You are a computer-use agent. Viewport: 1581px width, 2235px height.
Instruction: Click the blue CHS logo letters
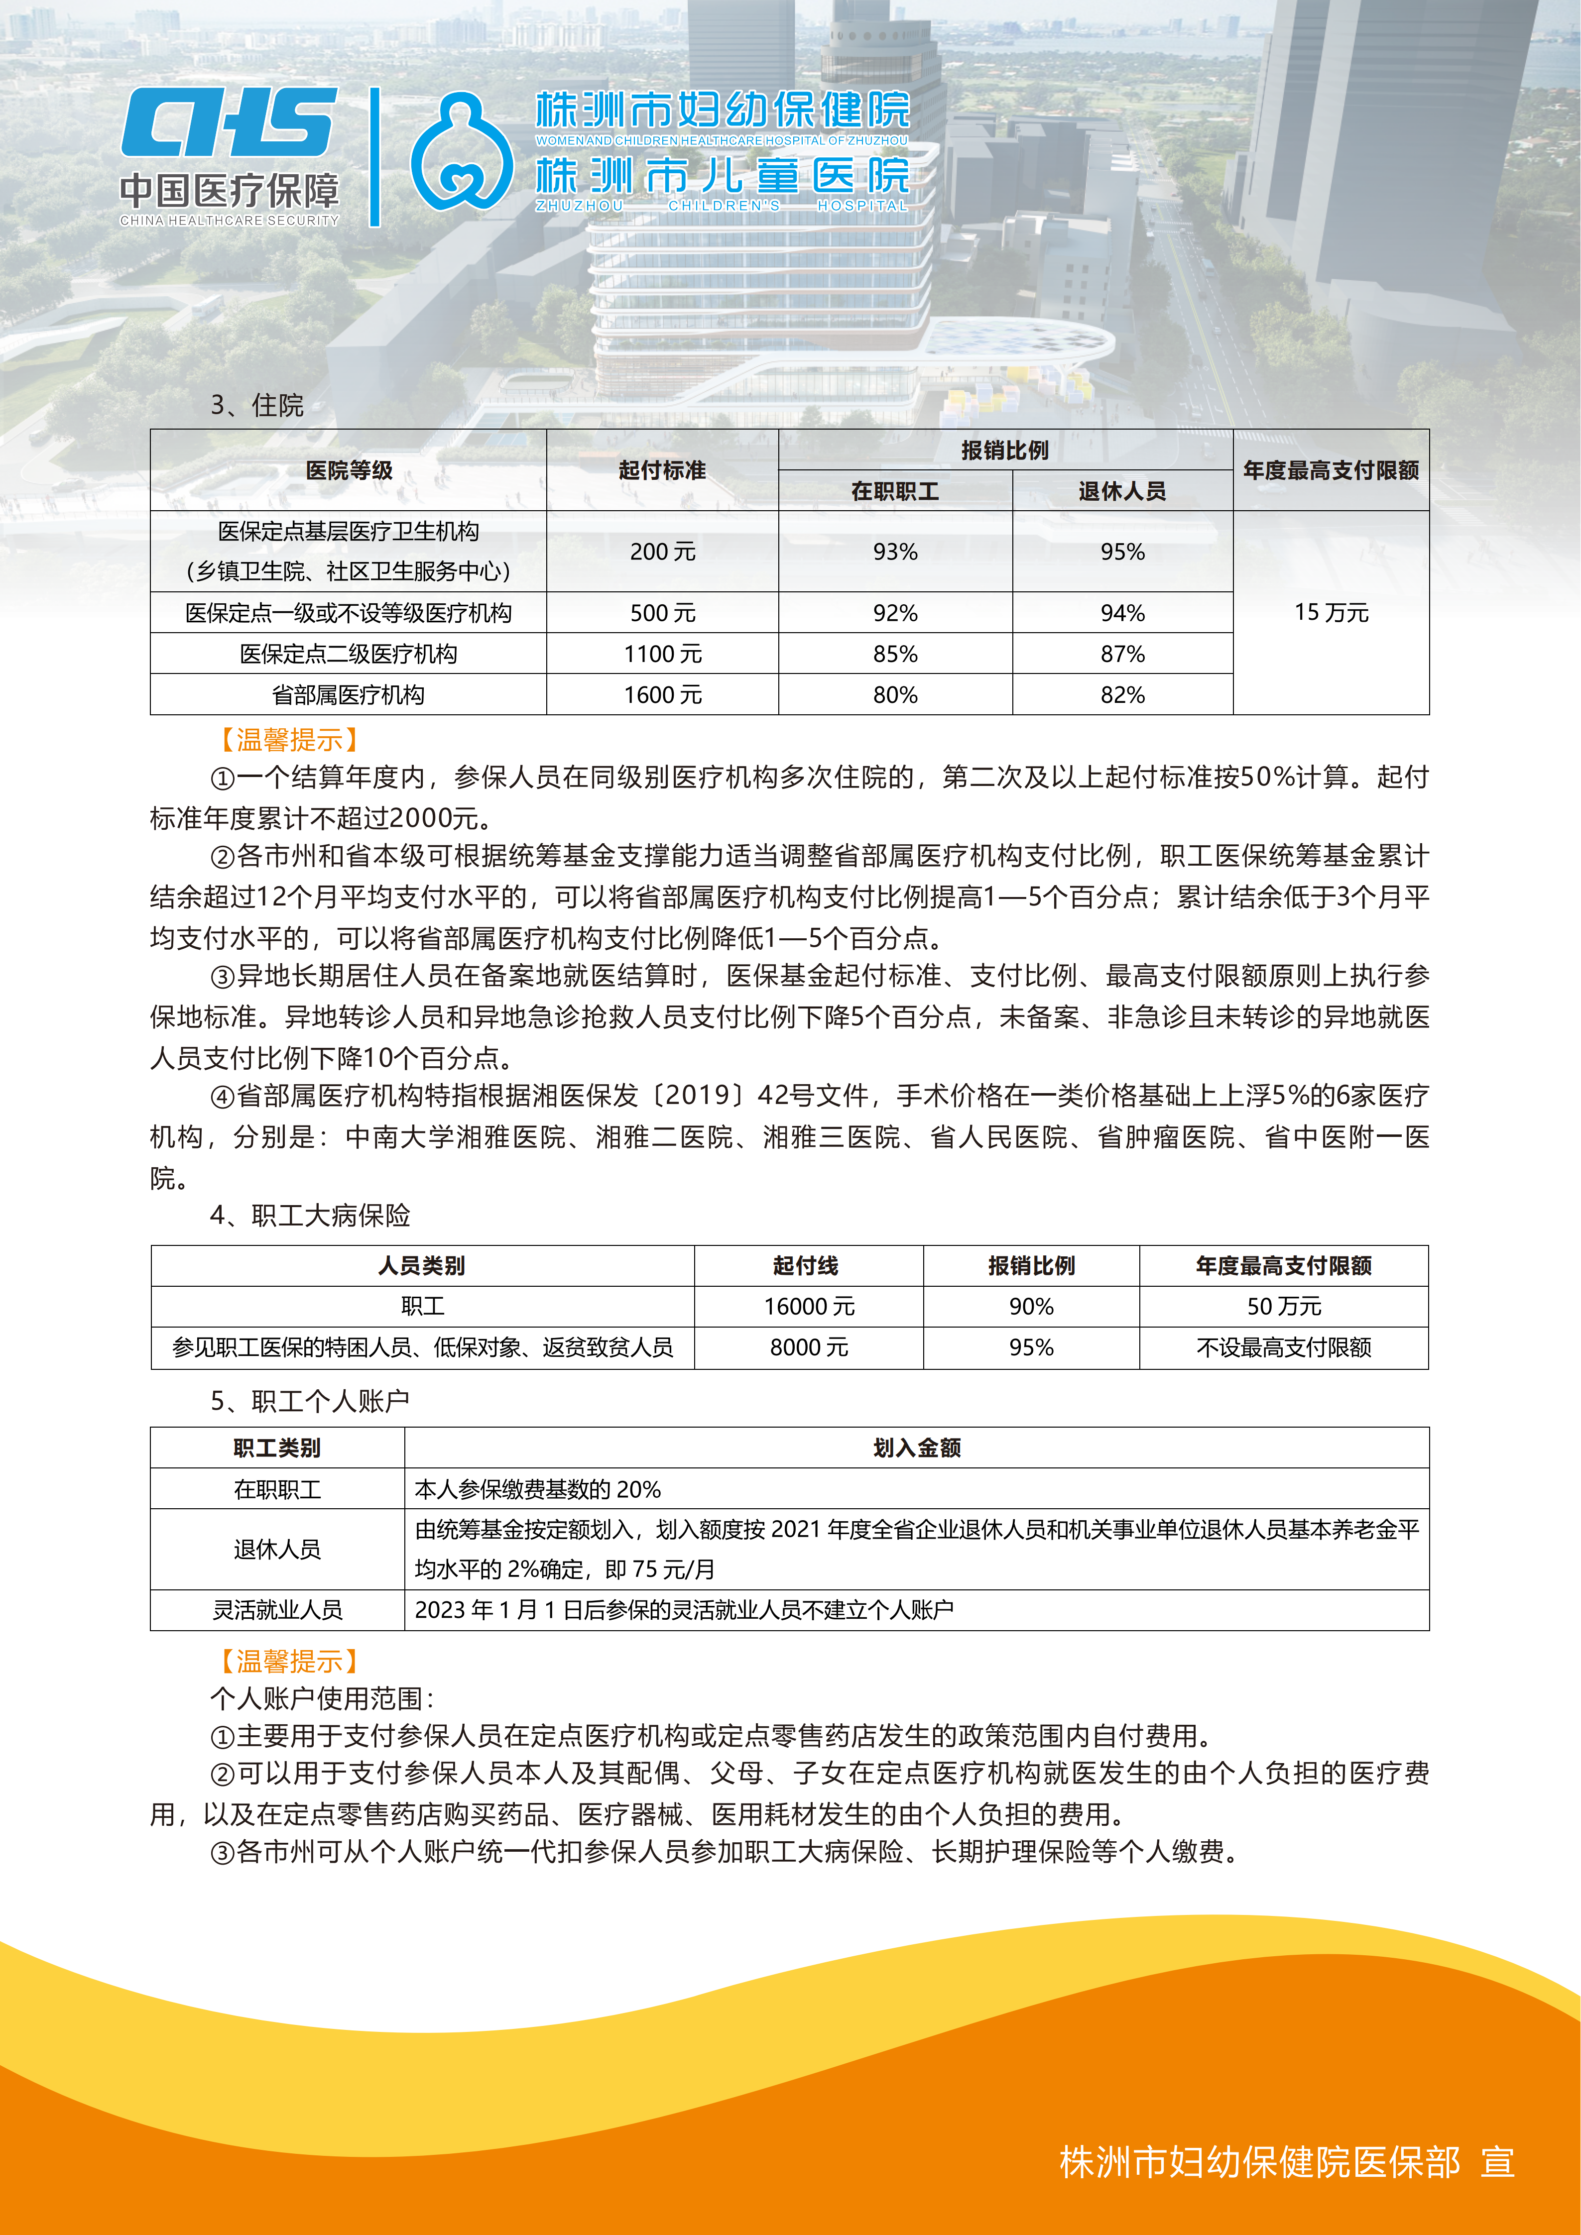(229, 122)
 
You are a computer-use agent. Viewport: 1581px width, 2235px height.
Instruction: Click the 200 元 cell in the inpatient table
(662, 552)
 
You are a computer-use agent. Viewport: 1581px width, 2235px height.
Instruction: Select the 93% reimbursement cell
(895, 552)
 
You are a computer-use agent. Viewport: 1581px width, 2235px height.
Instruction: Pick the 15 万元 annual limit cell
(1330, 612)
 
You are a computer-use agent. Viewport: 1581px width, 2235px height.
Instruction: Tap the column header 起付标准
(662, 470)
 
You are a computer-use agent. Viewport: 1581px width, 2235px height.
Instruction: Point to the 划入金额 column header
(916, 1448)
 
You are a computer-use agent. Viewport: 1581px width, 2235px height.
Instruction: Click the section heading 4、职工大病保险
(310, 1215)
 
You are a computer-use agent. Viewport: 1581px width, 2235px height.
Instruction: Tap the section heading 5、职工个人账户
(310, 1401)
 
